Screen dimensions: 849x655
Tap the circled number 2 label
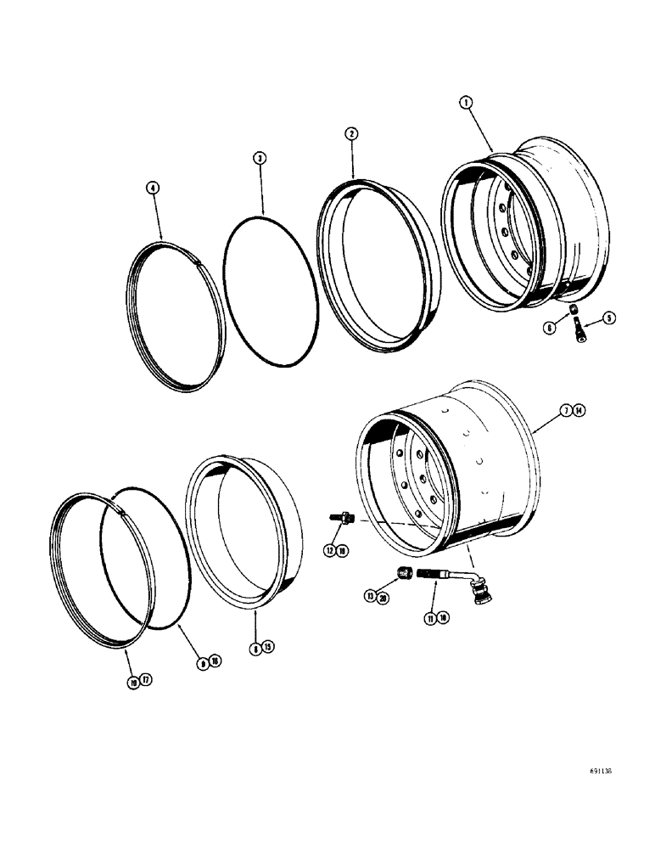click(x=351, y=133)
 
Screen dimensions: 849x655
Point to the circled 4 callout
click(x=153, y=188)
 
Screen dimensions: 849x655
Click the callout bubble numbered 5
click(x=607, y=318)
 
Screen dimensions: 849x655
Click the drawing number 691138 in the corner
click(x=598, y=773)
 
